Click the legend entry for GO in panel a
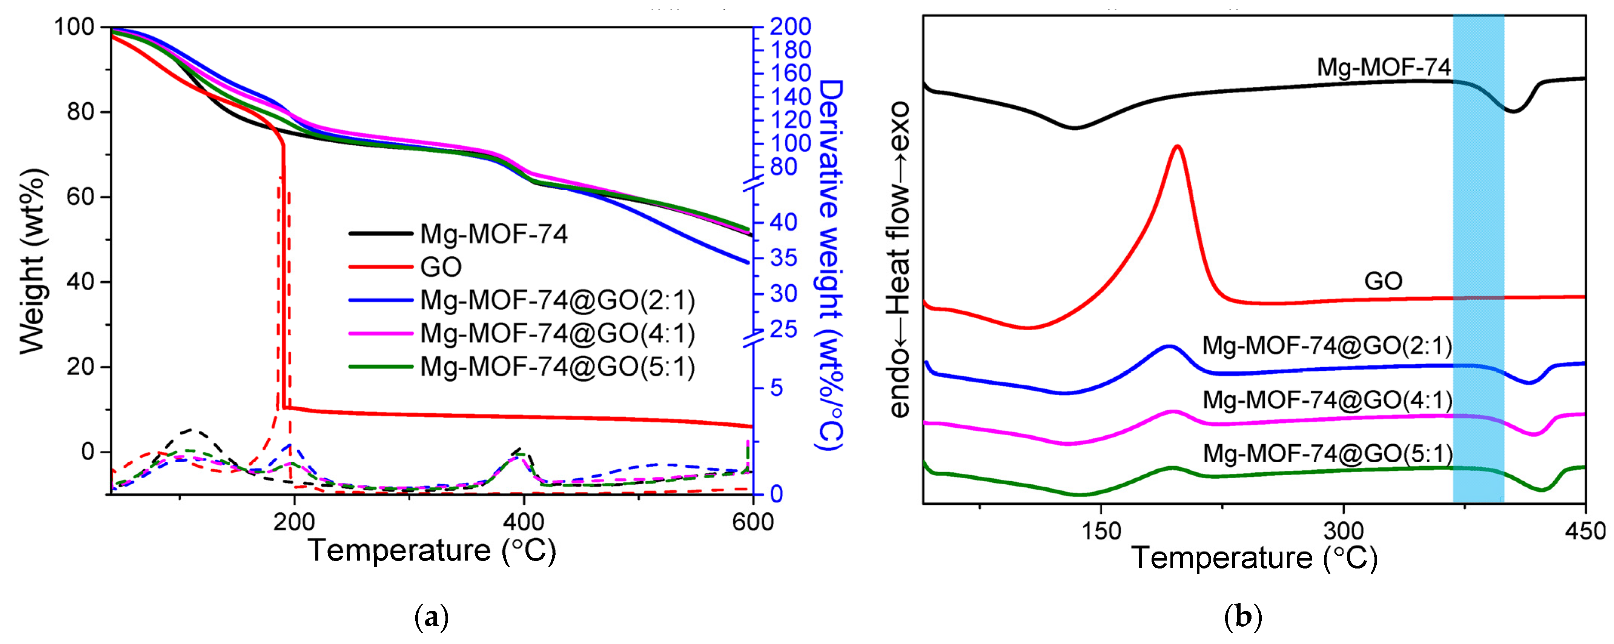tap(441, 267)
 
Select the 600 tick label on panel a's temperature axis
tap(752, 522)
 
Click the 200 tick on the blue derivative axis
tap(791, 26)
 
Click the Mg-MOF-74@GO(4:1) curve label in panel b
tap(1327, 399)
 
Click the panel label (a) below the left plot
tap(432, 618)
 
